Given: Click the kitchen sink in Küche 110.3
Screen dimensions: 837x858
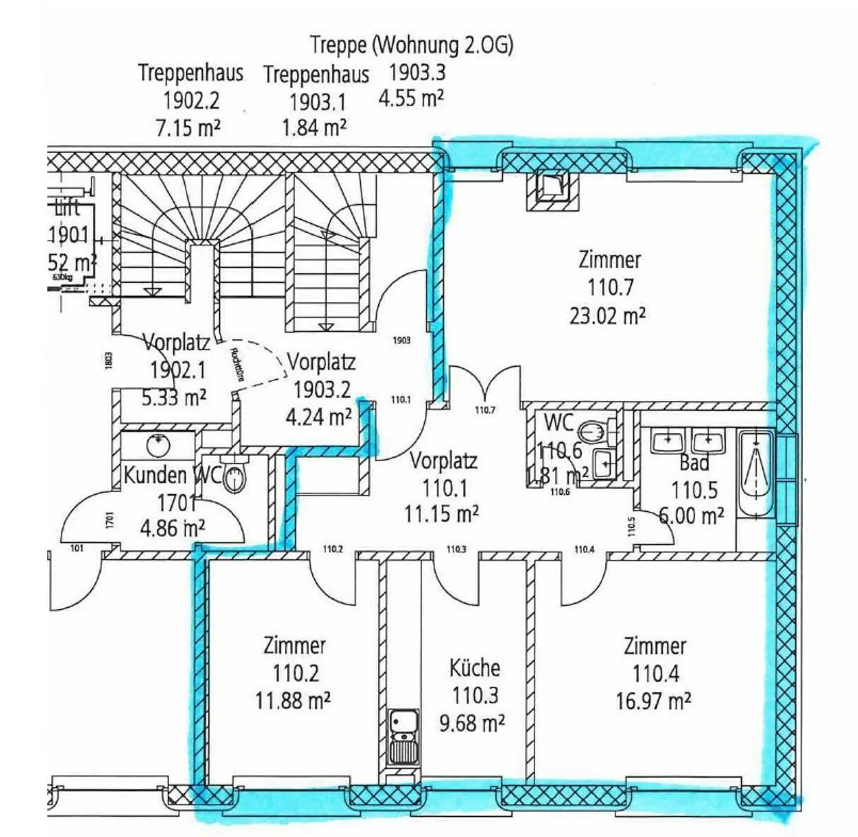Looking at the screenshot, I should point(403,736).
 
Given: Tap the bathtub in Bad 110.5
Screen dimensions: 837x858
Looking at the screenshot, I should point(756,473).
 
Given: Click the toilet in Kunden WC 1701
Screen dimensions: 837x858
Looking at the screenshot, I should point(235,477).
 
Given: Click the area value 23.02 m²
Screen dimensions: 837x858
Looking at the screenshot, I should point(607,316).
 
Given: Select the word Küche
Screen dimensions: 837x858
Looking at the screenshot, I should point(474,667).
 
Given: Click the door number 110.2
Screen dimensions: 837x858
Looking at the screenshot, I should point(332,549).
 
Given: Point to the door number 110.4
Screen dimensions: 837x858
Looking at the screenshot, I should point(584,549).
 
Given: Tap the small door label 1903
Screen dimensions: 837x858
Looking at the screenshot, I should point(402,340).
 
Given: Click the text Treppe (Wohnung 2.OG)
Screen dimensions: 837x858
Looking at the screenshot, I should point(411,45).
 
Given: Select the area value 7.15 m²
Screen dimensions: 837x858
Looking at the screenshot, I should point(188,127).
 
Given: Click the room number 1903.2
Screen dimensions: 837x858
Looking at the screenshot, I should point(322,389).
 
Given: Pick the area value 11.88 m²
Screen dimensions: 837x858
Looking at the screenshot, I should point(293,701).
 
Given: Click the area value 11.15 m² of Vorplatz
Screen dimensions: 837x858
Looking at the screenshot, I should point(442,513).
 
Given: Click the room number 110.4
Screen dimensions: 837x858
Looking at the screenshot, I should point(655,673).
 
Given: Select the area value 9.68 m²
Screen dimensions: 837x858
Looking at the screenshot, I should point(472,723).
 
